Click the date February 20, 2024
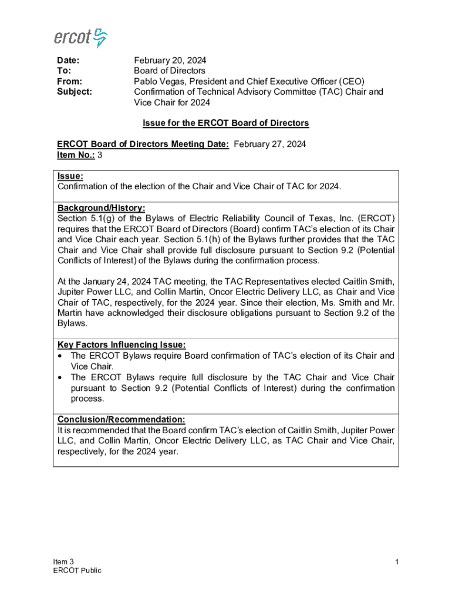pyautogui.click(x=170, y=61)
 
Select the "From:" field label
pyautogui.click(x=69, y=81)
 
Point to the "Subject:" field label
pyautogui.click(x=75, y=92)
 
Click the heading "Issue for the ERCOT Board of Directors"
pyautogui.click(x=226, y=123)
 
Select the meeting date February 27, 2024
pyautogui.click(x=269, y=144)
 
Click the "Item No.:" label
pyautogui.click(x=75, y=155)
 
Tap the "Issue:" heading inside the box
pyautogui.click(x=70, y=176)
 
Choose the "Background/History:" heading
pyautogui.click(x=101, y=208)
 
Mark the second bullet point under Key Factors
pyautogui.click(x=60, y=377)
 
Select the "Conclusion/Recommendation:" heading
pyautogui.click(x=121, y=419)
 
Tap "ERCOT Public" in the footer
pyautogui.click(x=77, y=570)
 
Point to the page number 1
pyautogui.click(x=397, y=562)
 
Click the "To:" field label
pyautogui.click(x=64, y=71)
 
